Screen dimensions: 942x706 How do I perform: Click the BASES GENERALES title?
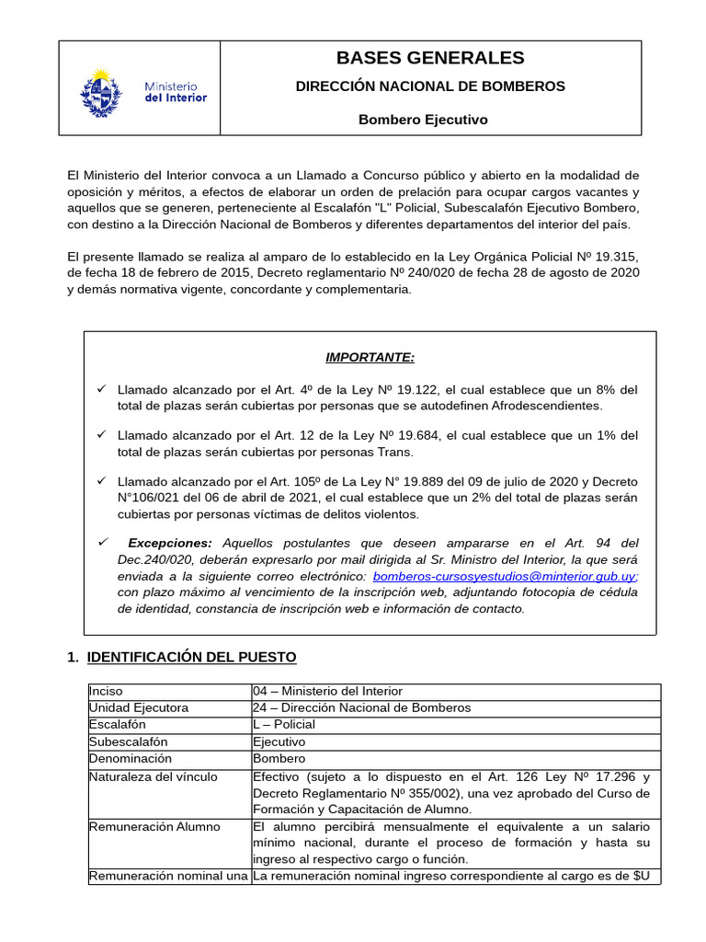click(429, 58)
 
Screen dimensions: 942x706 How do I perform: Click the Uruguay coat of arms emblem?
click(103, 90)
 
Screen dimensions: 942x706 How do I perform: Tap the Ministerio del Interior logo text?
click(176, 91)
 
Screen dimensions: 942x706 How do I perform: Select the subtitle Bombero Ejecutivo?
click(423, 120)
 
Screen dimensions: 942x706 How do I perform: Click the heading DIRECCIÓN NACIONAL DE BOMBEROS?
click(429, 86)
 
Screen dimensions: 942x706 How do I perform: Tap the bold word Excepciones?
click(170, 543)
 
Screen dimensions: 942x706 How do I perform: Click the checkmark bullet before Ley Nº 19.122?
click(103, 389)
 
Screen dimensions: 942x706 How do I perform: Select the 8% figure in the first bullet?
click(603, 390)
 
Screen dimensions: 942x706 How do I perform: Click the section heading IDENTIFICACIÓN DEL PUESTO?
click(191, 657)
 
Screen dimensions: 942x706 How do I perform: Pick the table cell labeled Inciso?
click(106, 691)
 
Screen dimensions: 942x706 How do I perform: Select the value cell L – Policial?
click(285, 725)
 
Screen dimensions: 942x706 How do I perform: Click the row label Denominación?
click(131, 759)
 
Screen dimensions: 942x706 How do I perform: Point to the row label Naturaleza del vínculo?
click(153, 776)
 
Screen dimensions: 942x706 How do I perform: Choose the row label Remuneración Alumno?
click(154, 826)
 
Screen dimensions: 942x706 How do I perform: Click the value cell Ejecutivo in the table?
click(279, 741)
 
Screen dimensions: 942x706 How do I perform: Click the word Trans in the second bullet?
click(397, 452)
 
